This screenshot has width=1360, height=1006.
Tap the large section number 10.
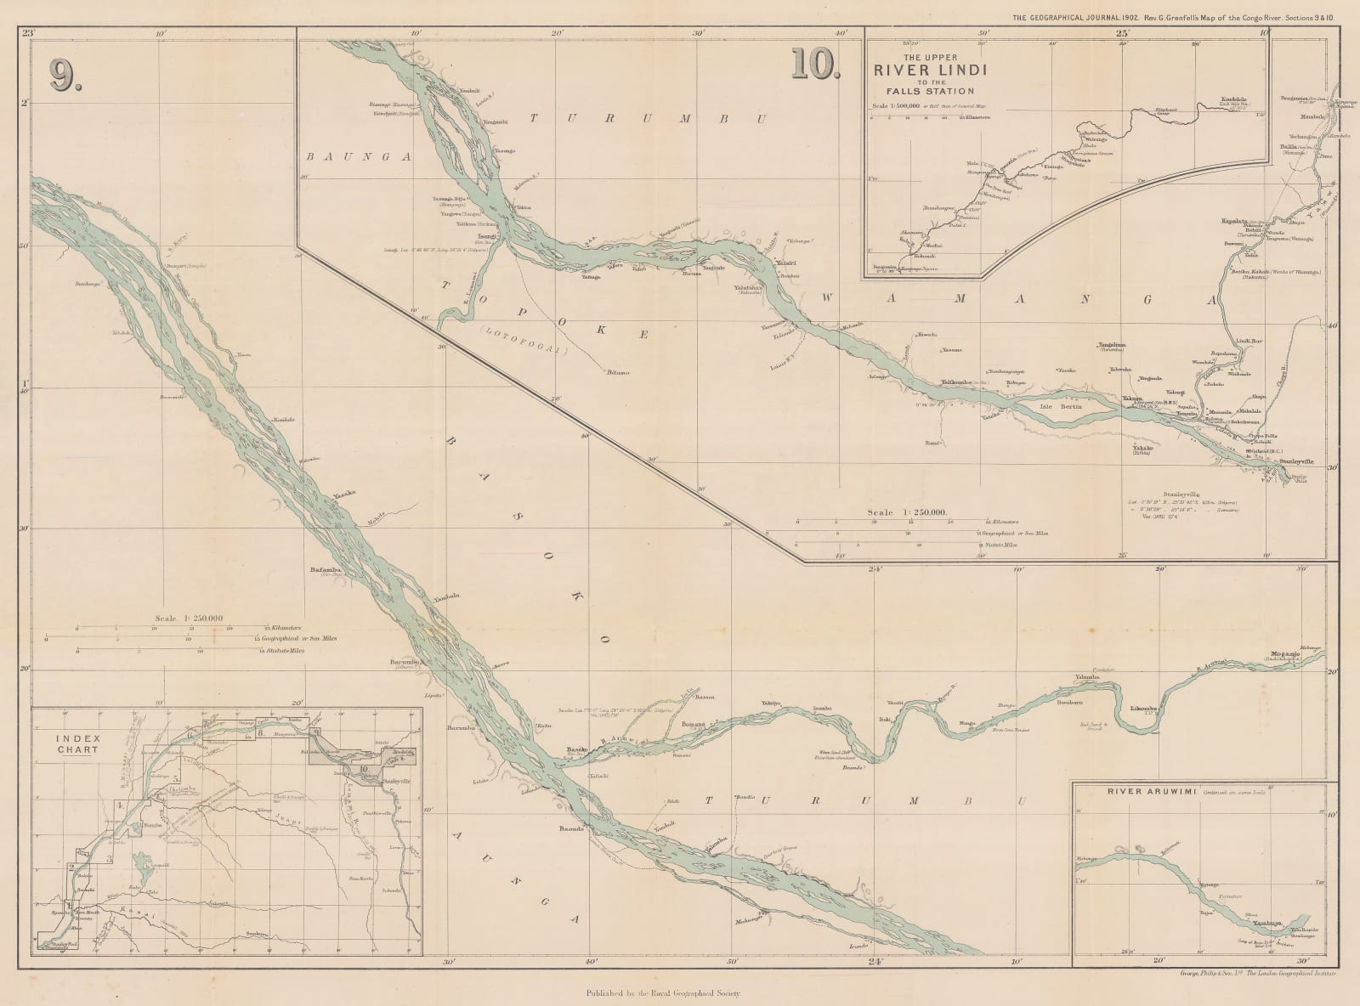pos(814,64)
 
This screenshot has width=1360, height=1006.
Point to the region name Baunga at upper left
pos(334,157)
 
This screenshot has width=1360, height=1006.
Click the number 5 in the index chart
pos(176,778)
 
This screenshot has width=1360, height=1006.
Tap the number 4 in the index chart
pos(122,804)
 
